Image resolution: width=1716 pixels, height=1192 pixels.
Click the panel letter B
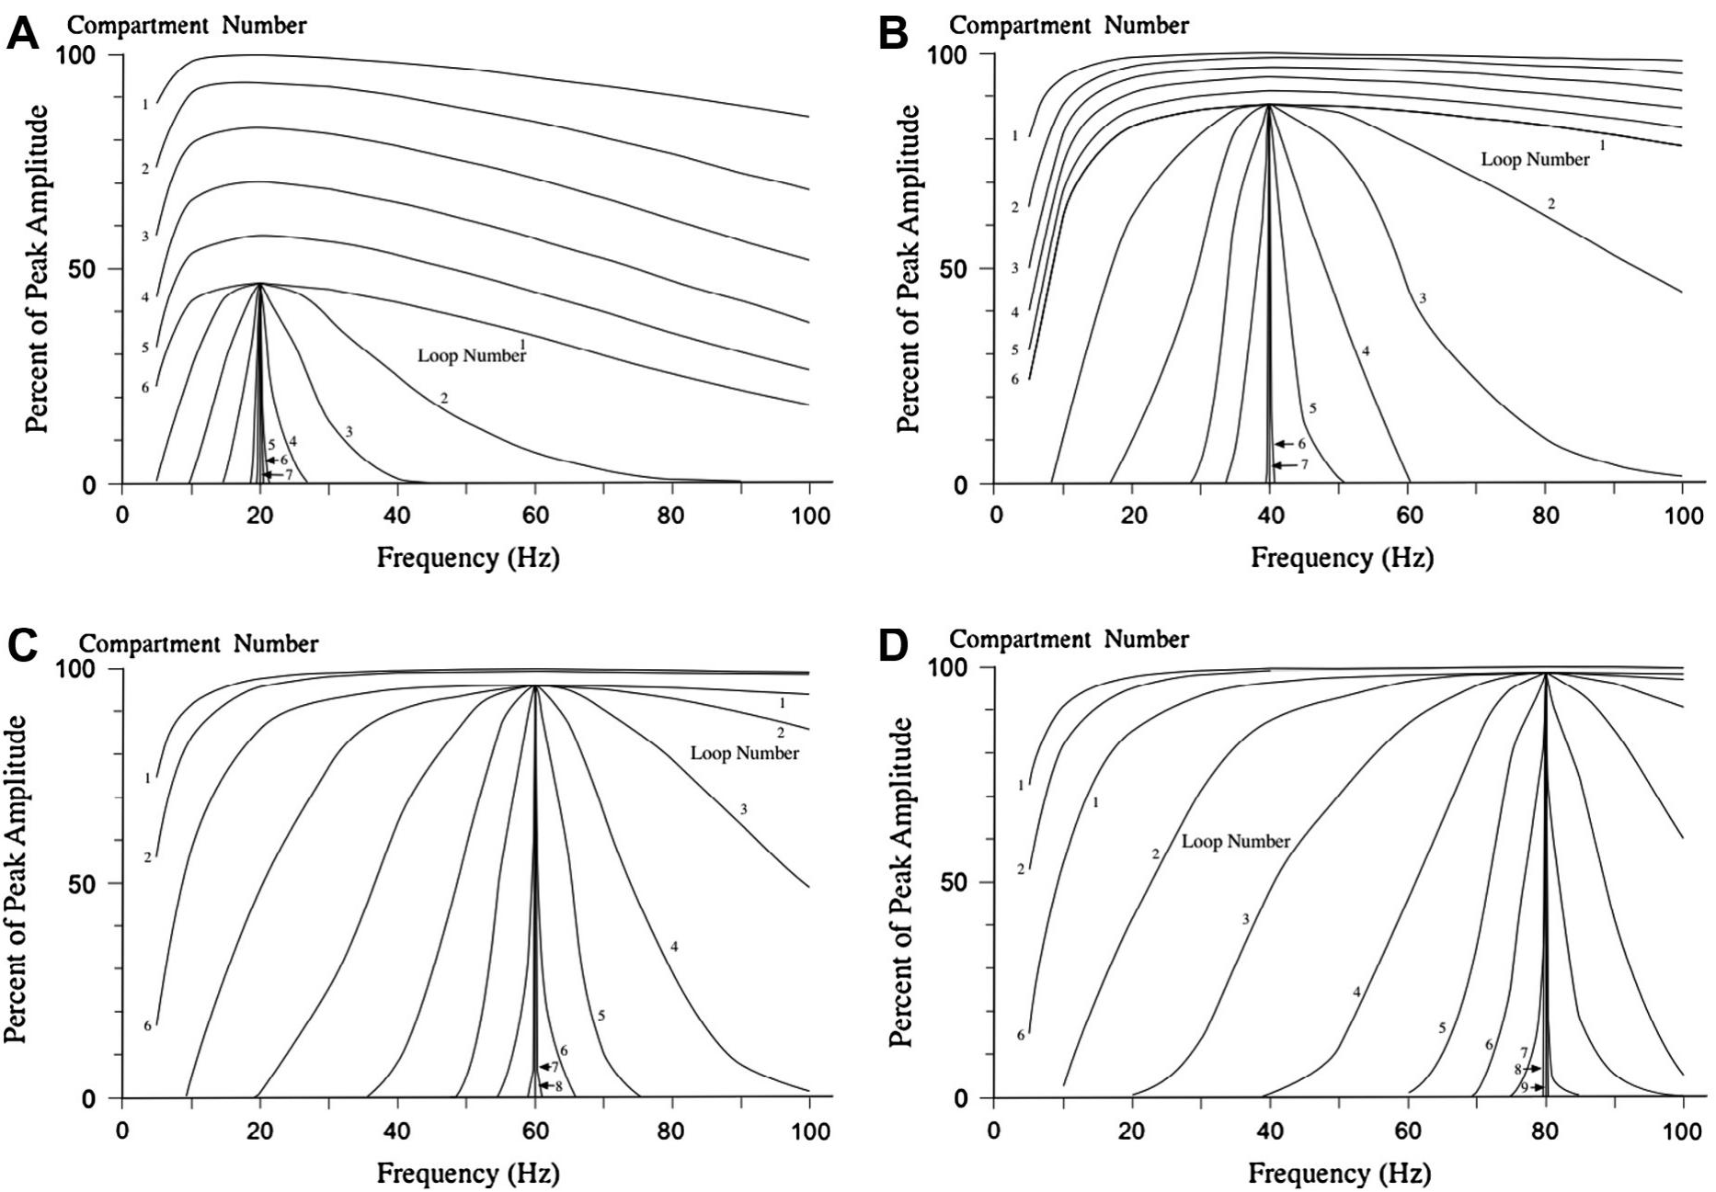[x=893, y=35]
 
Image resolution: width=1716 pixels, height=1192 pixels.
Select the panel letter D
[x=894, y=645]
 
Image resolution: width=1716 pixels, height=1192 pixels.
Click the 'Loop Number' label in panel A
[x=472, y=356]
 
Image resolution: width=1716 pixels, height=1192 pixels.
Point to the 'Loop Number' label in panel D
[x=1236, y=842]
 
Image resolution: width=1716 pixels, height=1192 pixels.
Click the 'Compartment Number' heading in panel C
[x=199, y=643]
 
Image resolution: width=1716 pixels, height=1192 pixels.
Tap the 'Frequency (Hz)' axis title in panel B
[x=1342, y=557]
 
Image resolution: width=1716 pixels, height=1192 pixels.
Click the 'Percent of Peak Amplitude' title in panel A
[x=36, y=268]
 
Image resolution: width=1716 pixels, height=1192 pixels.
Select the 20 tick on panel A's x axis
[x=260, y=516]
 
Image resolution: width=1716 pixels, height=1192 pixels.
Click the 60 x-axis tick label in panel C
[x=535, y=1130]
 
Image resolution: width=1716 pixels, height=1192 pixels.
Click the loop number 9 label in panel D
[x=1524, y=1088]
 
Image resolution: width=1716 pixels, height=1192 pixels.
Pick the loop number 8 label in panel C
[x=558, y=1085]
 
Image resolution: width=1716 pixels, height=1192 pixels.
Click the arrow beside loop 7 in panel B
[x=1284, y=466]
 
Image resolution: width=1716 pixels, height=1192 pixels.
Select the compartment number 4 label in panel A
[x=145, y=298]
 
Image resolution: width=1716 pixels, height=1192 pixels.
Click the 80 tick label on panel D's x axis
[x=1546, y=1130]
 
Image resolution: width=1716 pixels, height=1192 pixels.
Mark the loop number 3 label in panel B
[x=1423, y=299]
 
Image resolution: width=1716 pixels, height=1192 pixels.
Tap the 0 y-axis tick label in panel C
[x=88, y=1099]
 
